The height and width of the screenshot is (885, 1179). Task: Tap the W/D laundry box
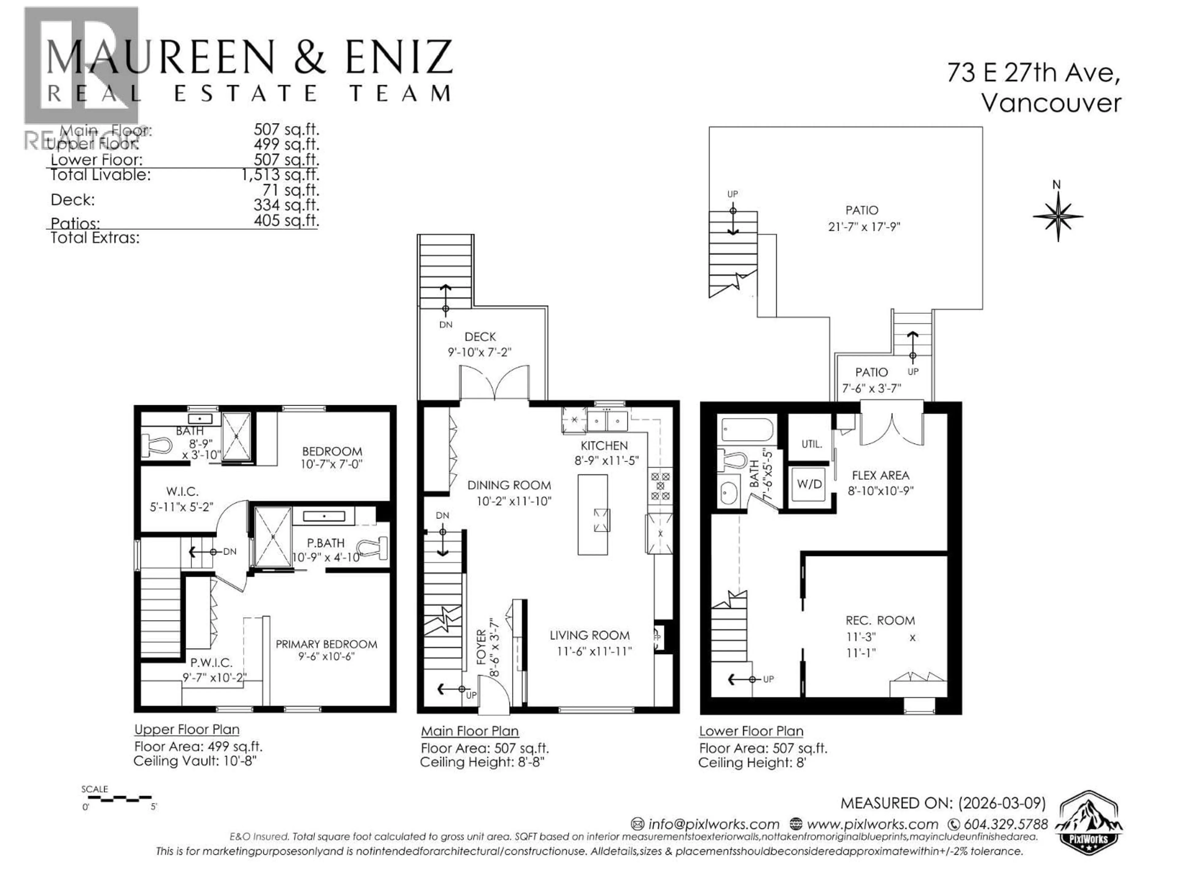tap(809, 484)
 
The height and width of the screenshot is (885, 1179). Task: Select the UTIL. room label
tap(811, 444)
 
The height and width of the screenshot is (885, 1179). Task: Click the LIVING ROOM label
tap(589, 635)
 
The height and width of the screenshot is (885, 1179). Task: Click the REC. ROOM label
tap(880, 620)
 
